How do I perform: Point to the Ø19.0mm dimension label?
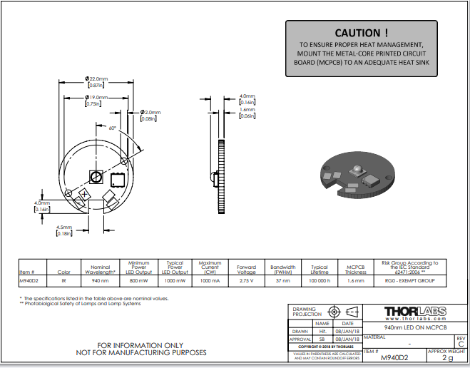pos(96,97)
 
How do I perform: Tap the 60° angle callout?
pos(112,128)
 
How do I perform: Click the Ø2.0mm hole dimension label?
pos(150,112)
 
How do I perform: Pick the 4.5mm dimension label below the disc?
pos(64,227)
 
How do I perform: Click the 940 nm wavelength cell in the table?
pos(101,282)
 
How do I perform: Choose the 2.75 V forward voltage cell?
pos(246,282)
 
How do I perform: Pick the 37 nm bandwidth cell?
pos(283,282)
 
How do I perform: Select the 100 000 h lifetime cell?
pos(319,282)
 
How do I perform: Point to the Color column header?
pos(64,272)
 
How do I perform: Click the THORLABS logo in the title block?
pos(416,312)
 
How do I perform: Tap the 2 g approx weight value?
pos(447,358)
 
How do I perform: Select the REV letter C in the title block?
pos(460,344)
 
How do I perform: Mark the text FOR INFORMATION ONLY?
pos(141,344)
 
